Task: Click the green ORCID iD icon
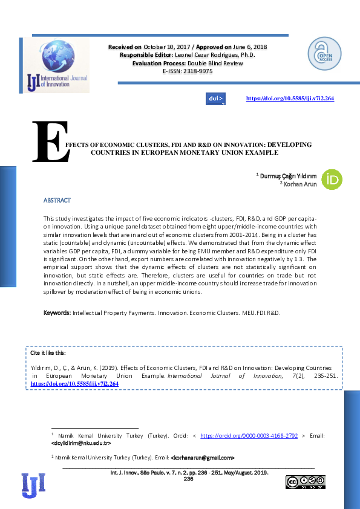point(332,180)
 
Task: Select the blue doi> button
point(215,98)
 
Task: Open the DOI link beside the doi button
point(290,98)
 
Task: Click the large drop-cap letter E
point(47,143)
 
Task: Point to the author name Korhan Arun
point(300,183)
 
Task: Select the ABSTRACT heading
point(57,200)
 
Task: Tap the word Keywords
point(57,313)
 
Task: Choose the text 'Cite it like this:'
point(48,352)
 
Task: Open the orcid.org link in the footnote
point(249,435)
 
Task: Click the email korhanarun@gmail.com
point(203,458)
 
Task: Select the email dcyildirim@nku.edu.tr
point(81,443)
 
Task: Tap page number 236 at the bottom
point(188,478)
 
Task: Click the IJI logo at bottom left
point(33,484)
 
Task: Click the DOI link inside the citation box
point(74,383)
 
